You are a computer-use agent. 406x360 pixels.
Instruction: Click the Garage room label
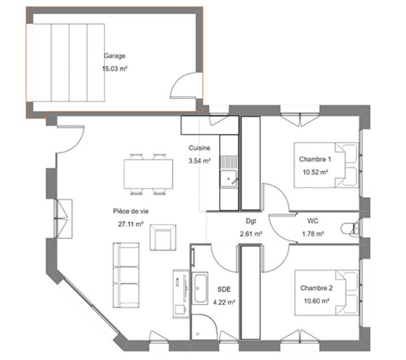(114, 56)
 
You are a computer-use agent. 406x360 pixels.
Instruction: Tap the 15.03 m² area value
(115, 68)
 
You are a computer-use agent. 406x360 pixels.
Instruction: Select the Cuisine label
(200, 148)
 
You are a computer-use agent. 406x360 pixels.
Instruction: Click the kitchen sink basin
(228, 178)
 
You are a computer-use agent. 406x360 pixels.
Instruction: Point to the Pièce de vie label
(131, 211)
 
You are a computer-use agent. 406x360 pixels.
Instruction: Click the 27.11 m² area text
(131, 224)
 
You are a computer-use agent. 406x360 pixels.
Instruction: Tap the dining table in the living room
(148, 174)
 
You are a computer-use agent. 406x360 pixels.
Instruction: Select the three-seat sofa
(126, 275)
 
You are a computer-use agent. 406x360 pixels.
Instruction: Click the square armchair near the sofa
(163, 237)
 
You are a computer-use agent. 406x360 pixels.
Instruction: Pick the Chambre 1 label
(315, 159)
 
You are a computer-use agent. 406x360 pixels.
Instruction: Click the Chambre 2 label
(317, 288)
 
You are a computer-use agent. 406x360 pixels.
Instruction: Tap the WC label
(313, 221)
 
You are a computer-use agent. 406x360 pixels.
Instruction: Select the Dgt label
(251, 221)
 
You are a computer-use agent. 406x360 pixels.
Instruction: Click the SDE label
(224, 289)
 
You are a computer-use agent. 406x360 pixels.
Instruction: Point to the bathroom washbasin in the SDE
(200, 288)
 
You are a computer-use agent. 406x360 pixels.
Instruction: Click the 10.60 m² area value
(317, 301)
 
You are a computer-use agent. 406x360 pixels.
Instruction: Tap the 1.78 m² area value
(313, 234)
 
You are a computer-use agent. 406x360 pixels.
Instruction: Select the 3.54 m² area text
(200, 161)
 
